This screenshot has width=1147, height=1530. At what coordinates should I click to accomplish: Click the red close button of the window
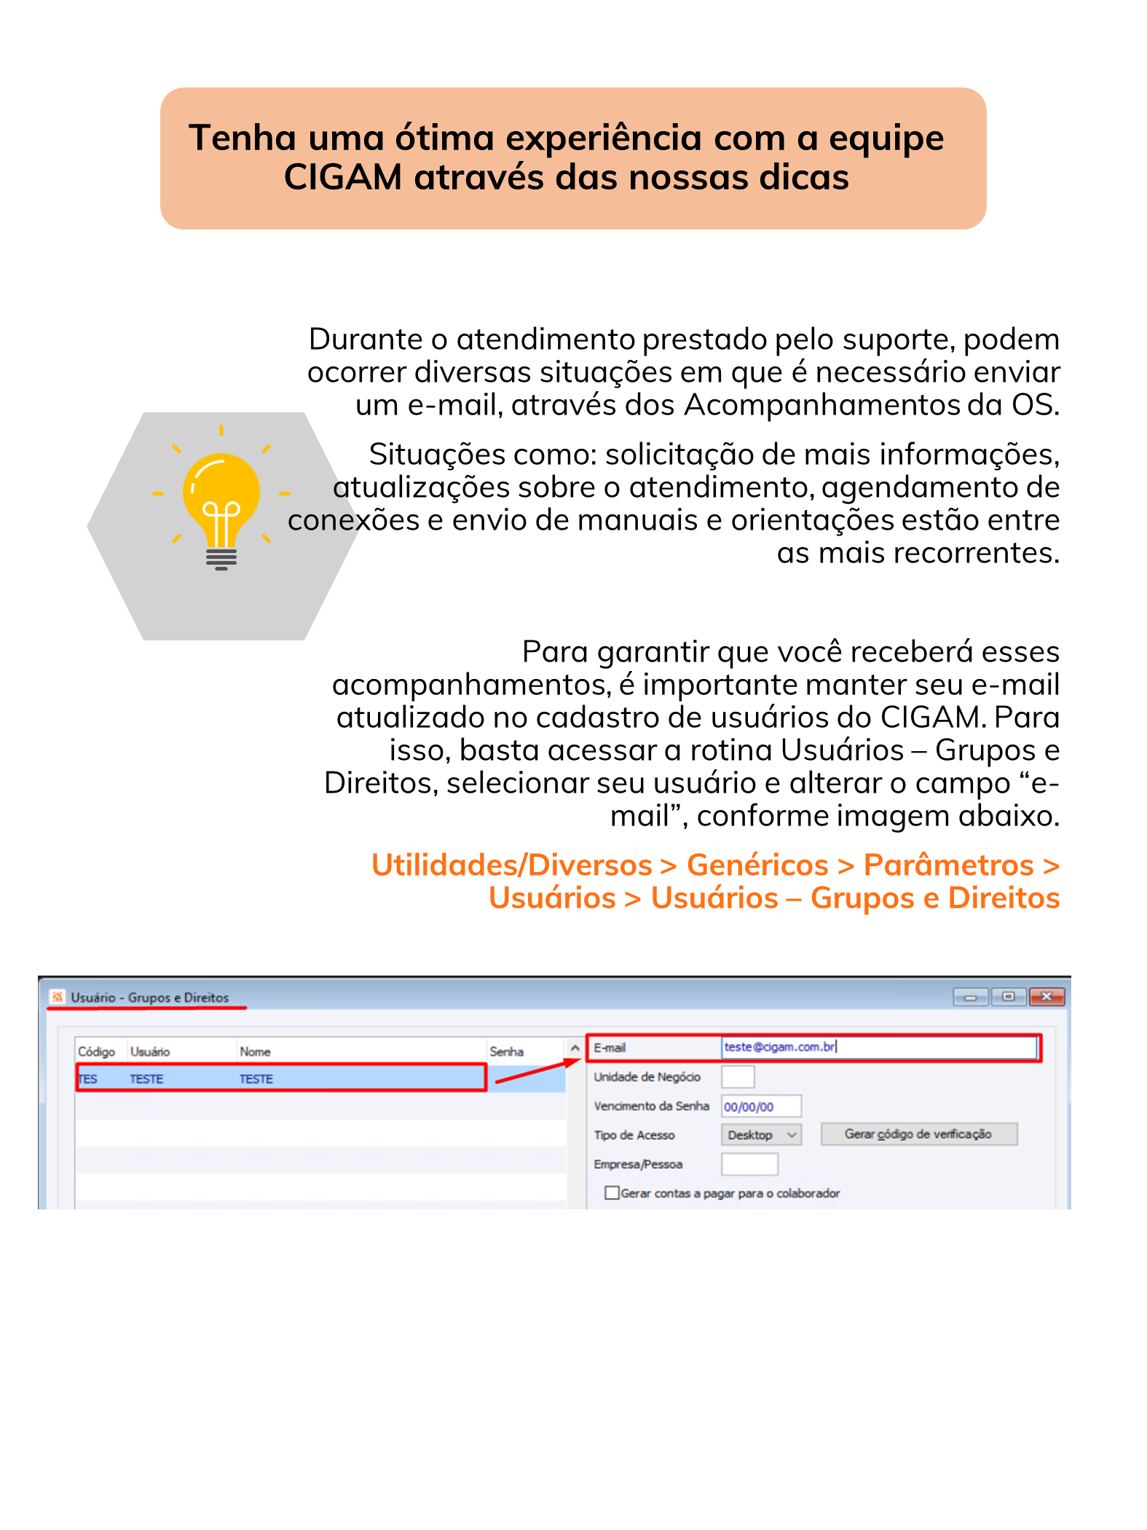click(x=1047, y=997)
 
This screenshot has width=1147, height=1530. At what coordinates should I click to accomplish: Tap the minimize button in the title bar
click(x=970, y=997)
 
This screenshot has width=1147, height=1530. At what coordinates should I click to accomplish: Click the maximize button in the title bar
click(x=1008, y=997)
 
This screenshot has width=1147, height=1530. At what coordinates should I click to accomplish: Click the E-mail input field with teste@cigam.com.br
click(x=878, y=1048)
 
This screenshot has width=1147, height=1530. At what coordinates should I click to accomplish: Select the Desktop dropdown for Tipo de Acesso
click(x=761, y=1135)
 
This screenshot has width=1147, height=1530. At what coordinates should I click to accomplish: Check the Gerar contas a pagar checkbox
click(x=612, y=1193)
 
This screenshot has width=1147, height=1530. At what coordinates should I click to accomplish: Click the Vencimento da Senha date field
click(x=760, y=1107)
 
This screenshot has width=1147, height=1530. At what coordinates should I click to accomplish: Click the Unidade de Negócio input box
click(x=738, y=1077)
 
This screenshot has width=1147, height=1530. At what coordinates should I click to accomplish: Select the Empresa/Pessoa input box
click(x=749, y=1164)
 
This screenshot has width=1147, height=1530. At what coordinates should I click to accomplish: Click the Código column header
click(x=97, y=1052)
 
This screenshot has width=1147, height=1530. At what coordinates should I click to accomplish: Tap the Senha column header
click(x=506, y=1052)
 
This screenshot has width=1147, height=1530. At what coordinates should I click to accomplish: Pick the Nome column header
click(x=255, y=1052)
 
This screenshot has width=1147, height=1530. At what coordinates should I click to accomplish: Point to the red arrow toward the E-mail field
click(x=536, y=1072)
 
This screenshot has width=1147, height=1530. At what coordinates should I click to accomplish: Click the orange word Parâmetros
click(x=948, y=866)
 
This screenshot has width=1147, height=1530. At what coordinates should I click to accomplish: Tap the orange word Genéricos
click(x=757, y=866)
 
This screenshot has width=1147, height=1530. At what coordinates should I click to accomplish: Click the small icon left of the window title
click(x=58, y=997)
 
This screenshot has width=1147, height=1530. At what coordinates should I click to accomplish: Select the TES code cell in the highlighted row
click(x=89, y=1079)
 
